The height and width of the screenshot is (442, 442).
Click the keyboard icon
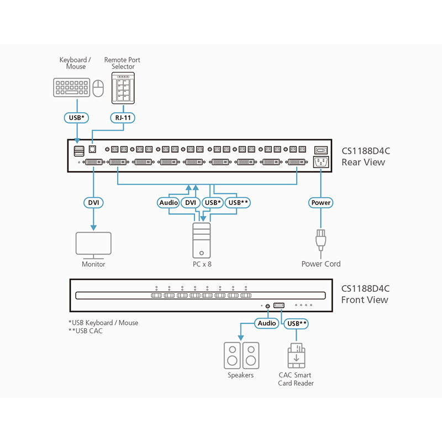pyautogui.click(x=72, y=88)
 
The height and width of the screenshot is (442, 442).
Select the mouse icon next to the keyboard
pyautogui.click(x=98, y=88)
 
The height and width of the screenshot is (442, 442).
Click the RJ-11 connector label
pyautogui.click(x=123, y=118)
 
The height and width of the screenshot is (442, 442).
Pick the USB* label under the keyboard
pyautogui.click(x=76, y=118)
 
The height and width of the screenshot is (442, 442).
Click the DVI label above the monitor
pyautogui.click(x=93, y=203)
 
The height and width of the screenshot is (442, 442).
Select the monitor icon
pyautogui.click(x=93, y=245)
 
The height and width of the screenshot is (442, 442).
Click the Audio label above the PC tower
pyautogui.click(x=169, y=203)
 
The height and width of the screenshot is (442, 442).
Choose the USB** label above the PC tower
pyautogui.click(x=239, y=203)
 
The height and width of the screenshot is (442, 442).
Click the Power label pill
pyautogui.click(x=321, y=203)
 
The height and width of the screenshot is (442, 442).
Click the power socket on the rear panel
pyautogui.click(x=321, y=162)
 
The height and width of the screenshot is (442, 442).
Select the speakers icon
pyautogui.click(x=241, y=355)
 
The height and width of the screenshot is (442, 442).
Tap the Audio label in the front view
pyautogui.click(x=267, y=323)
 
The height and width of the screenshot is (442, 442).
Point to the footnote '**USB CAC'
pyautogui.click(x=86, y=331)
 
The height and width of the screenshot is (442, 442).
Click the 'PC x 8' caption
pyautogui.click(x=202, y=264)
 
